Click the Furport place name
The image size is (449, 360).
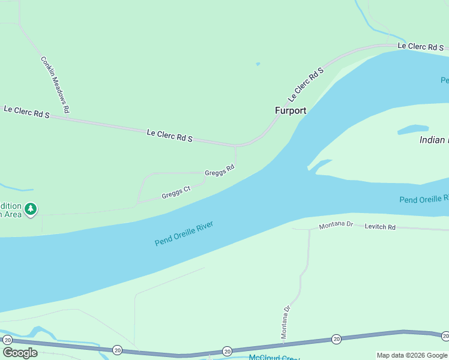[291, 110]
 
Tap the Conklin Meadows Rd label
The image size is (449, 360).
[55, 84]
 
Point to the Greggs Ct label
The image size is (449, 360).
[176, 193]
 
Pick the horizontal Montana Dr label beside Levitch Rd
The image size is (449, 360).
[336, 226]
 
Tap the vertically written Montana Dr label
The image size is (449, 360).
[286, 322]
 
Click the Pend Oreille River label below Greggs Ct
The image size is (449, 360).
[184, 233]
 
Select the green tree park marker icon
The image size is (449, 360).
[31, 209]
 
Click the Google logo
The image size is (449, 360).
[20, 353]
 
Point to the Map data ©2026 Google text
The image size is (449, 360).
[412, 355]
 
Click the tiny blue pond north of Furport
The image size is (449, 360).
[258, 64]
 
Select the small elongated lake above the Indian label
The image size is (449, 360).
[413, 129]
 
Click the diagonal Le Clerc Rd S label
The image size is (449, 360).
[306, 83]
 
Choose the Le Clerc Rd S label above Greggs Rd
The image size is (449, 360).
[169, 134]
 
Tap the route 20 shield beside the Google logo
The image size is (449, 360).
[7, 340]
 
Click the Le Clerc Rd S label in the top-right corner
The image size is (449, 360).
[420, 46]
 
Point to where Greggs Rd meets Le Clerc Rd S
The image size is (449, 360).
[235, 146]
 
